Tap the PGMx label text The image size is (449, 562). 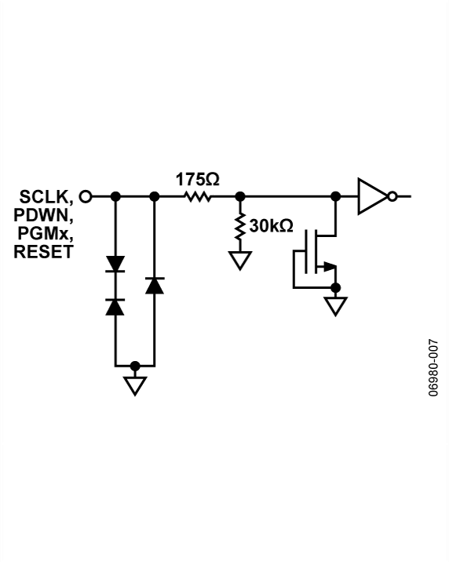[x=46, y=233]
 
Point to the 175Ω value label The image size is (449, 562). [x=197, y=179]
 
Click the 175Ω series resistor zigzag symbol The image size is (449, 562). [x=198, y=196]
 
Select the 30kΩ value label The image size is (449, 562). [x=270, y=226]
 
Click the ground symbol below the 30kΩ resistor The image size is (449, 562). [x=239, y=260]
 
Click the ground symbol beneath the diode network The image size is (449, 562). [x=135, y=385]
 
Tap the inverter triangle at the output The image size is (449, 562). [x=371, y=196]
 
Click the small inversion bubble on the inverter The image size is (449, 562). [x=392, y=196]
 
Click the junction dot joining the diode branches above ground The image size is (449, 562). [x=135, y=366]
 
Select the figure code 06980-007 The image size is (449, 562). [x=433, y=368]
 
